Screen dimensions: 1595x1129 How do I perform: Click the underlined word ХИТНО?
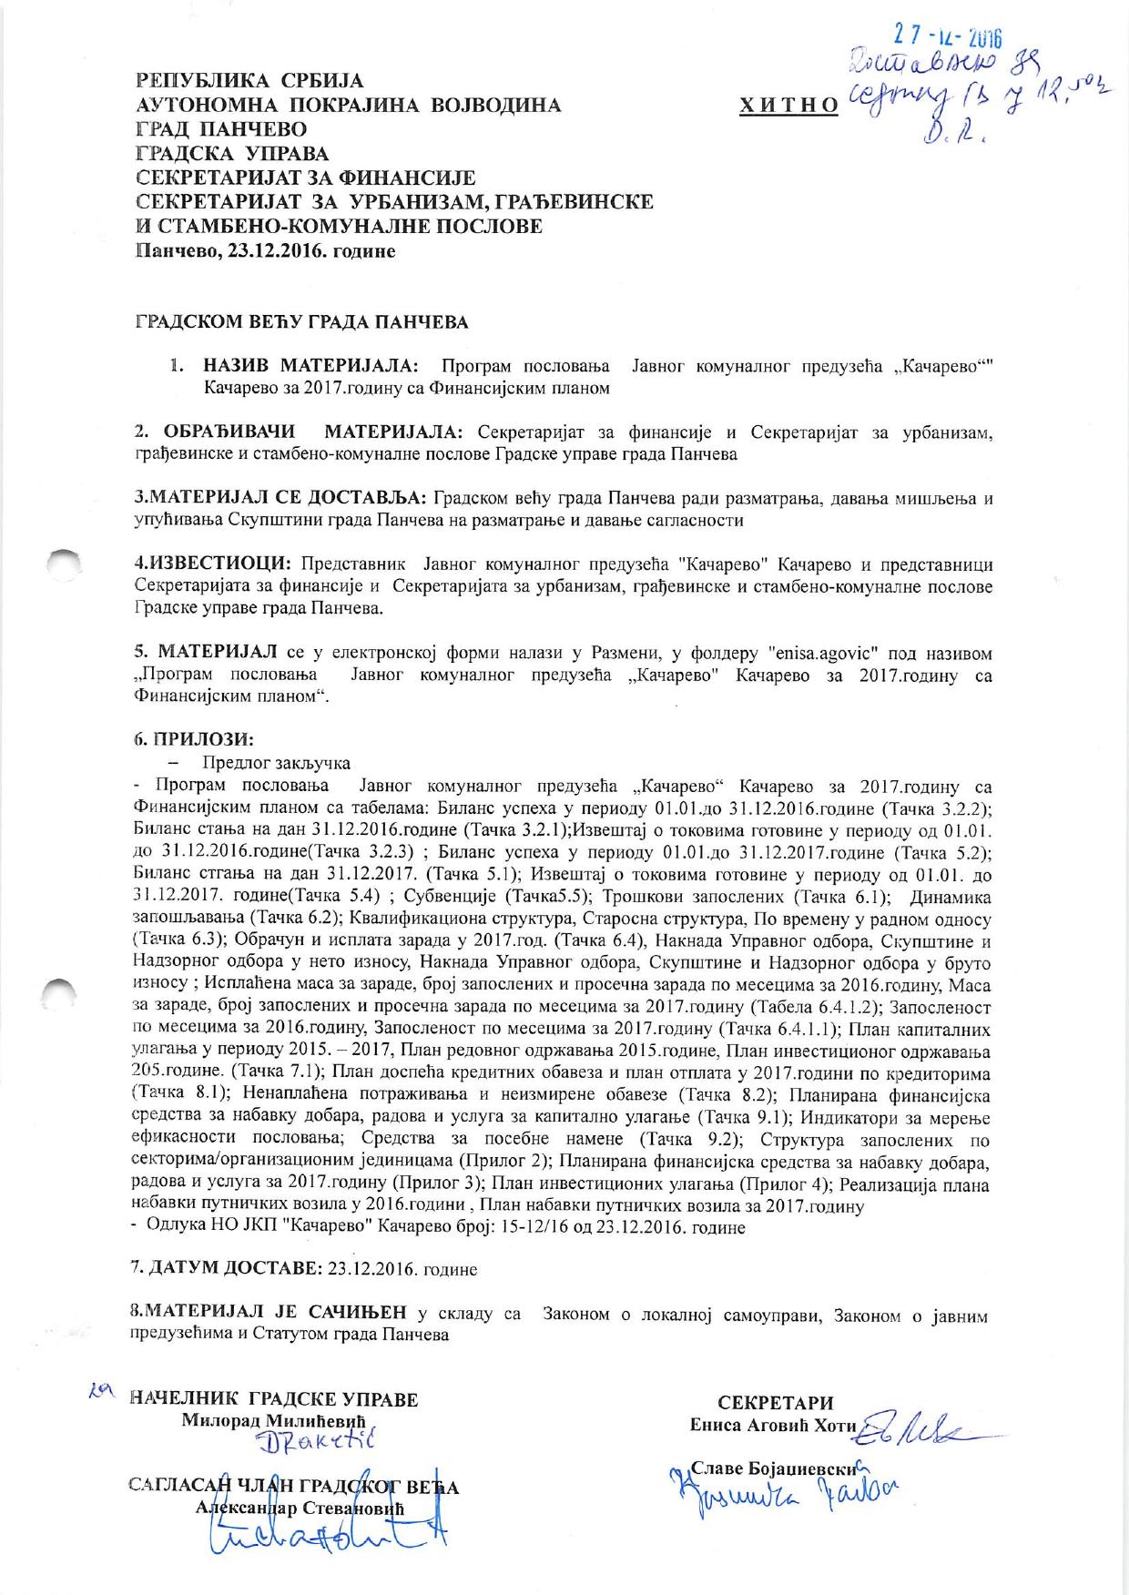[790, 107]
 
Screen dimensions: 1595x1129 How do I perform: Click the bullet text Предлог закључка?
[277, 763]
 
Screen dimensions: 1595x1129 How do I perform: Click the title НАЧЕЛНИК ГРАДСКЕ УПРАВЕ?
[274, 1400]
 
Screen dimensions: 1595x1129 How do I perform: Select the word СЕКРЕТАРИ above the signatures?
[776, 1403]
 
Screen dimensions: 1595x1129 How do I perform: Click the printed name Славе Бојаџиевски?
[777, 1469]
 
